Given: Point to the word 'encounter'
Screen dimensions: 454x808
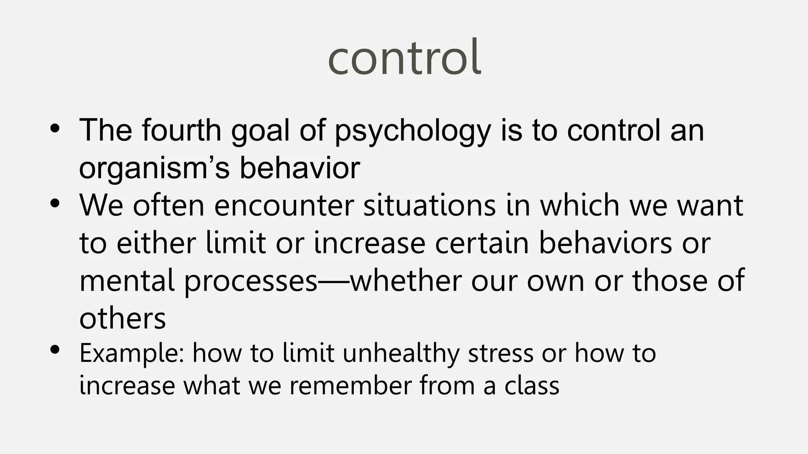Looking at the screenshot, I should tap(284, 206).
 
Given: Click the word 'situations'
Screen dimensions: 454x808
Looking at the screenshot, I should tap(429, 206).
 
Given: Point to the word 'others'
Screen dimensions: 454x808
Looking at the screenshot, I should tap(122, 318).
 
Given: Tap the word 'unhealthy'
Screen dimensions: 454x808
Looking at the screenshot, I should tap(401, 354).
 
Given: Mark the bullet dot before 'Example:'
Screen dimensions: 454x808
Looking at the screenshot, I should tap(55, 350).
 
